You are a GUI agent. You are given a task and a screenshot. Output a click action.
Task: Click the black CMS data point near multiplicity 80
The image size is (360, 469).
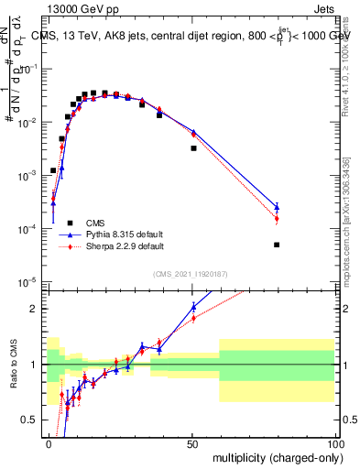(x=277, y=245)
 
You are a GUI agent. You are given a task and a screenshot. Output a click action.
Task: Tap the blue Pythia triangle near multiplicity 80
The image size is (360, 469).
(x=277, y=206)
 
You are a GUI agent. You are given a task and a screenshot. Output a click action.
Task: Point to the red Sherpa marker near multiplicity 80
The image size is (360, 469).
(x=277, y=219)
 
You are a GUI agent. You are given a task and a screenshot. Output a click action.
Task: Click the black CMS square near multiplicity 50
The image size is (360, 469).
(x=193, y=147)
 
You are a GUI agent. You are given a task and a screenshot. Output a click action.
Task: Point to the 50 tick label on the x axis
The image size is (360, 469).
(x=191, y=443)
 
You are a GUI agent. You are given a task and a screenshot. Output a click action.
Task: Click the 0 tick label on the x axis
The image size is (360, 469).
(x=49, y=443)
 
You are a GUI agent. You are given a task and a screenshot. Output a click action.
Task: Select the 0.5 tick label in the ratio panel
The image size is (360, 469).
(x=36, y=420)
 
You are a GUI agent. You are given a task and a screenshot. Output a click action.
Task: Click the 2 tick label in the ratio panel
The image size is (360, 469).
(x=39, y=309)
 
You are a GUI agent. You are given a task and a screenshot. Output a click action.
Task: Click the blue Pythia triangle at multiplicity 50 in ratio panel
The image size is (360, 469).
(x=193, y=306)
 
